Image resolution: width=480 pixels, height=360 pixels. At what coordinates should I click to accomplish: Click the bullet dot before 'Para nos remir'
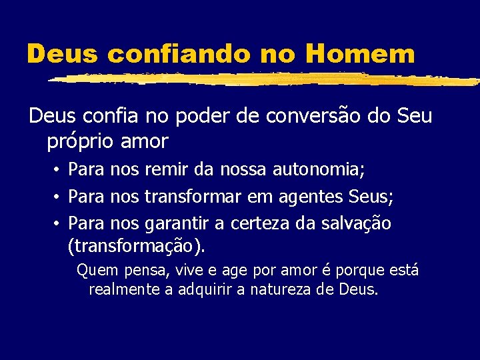pyautogui.click(x=59, y=171)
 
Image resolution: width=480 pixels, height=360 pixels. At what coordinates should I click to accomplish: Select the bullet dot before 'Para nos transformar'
pyautogui.click(x=59, y=197)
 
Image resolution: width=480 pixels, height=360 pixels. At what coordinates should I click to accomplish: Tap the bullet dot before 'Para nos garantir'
pyautogui.click(x=59, y=223)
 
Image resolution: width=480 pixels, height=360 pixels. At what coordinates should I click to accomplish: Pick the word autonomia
pyautogui.click(x=318, y=171)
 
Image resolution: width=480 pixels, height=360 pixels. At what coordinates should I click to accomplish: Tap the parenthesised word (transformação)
pyautogui.click(x=137, y=247)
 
